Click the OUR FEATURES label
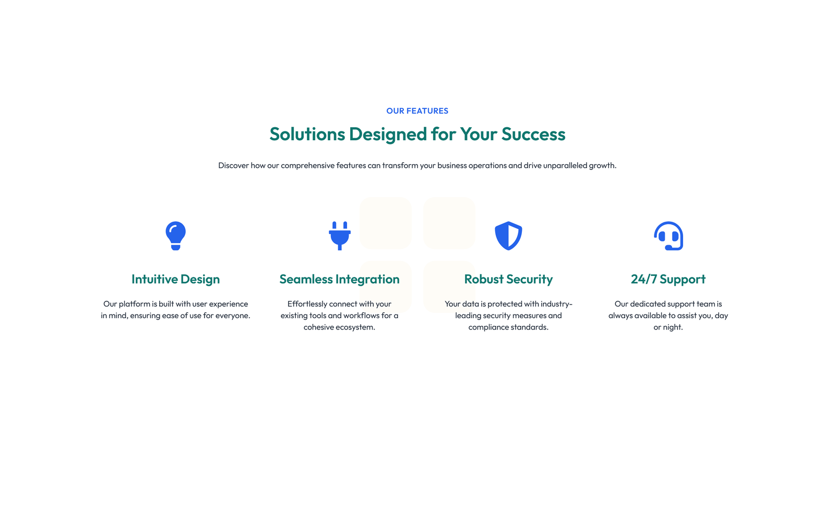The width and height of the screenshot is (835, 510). (417, 111)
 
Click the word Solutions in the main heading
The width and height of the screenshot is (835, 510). (307, 133)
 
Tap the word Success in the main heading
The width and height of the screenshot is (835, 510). (533, 133)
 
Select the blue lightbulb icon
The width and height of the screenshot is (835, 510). (175, 236)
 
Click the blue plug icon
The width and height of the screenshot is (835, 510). (340, 236)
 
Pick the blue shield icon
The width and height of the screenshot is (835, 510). (508, 236)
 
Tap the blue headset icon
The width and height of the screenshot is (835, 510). (669, 236)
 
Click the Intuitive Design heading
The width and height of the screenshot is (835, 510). (175, 279)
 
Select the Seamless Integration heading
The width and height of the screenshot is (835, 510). (340, 279)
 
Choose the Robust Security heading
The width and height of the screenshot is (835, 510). (508, 279)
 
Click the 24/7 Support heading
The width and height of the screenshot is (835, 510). (669, 279)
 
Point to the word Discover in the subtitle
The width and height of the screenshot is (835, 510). (233, 165)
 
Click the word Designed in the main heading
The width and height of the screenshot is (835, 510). (388, 133)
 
